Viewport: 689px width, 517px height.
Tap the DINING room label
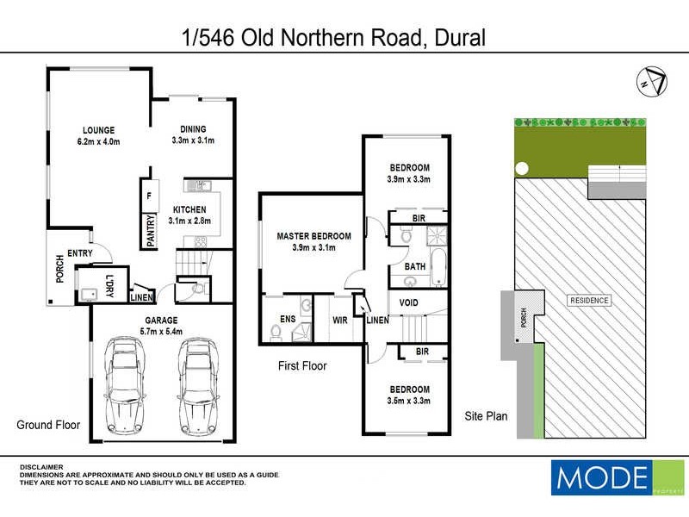pyautogui.click(x=193, y=129)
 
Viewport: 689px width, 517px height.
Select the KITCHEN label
pyautogui.click(x=189, y=209)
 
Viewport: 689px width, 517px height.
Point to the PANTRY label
pyautogui.click(x=150, y=231)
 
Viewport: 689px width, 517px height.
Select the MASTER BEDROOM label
pyautogui.click(x=313, y=236)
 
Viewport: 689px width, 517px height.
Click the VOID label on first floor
pyautogui.click(x=408, y=302)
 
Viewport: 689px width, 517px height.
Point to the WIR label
pyautogui.click(x=340, y=321)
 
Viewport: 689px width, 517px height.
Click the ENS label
pyautogui.click(x=288, y=321)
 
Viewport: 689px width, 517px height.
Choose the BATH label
pyautogui.click(x=415, y=267)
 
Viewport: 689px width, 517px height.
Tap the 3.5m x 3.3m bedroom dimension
pyautogui.click(x=409, y=401)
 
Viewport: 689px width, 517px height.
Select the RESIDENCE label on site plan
pyautogui.click(x=589, y=301)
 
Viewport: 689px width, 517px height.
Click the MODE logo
pyautogui.click(x=601, y=477)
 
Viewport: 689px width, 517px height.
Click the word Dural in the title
pyautogui.click(x=460, y=38)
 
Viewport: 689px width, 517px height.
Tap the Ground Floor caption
pyautogui.click(x=48, y=425)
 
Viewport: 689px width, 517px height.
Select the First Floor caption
pyautogui.click(x=302, y=366)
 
